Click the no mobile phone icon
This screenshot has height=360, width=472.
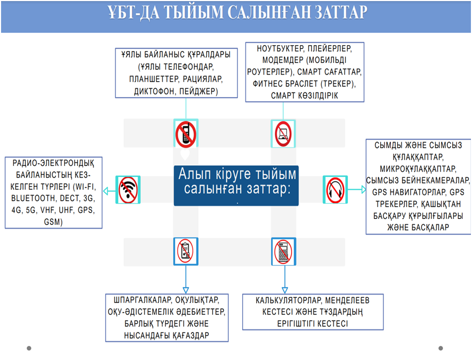[x=186, y=134]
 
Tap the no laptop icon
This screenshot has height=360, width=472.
[x=282, y=134]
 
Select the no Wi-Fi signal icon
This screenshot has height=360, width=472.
[x=128, y=190]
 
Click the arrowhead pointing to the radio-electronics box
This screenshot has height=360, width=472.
[x=106, y=190]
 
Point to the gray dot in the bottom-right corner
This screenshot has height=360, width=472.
[x=441, y=348]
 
